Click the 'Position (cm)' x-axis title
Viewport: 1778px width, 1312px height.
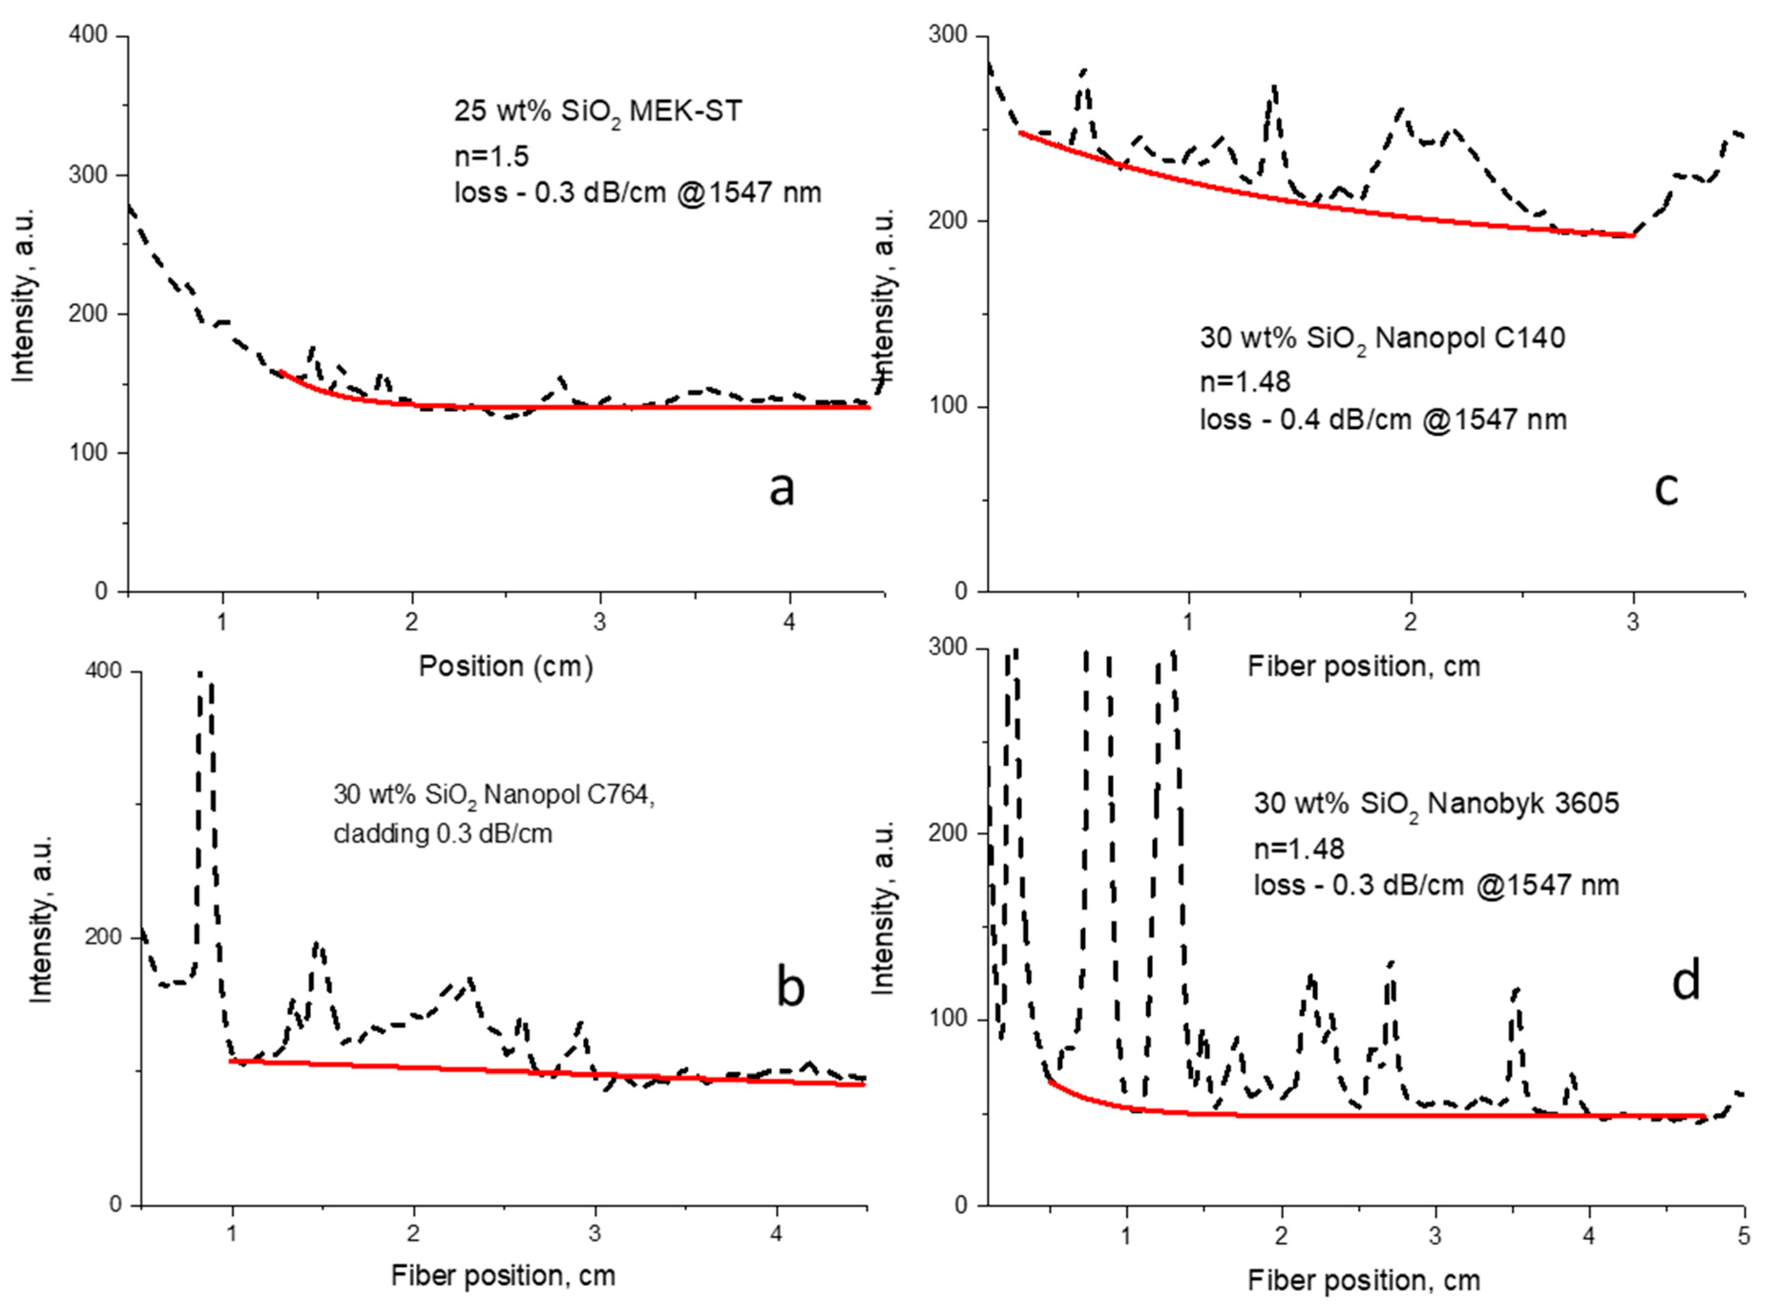(506, 666)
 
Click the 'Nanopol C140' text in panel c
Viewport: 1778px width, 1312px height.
(1470, 338)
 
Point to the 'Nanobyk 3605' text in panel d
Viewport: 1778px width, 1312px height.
(1523, 804)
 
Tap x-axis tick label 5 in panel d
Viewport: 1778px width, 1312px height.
(1744, 1237)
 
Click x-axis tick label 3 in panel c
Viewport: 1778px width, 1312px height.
(1632, 622)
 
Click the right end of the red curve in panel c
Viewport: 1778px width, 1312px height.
(1632, 235)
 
